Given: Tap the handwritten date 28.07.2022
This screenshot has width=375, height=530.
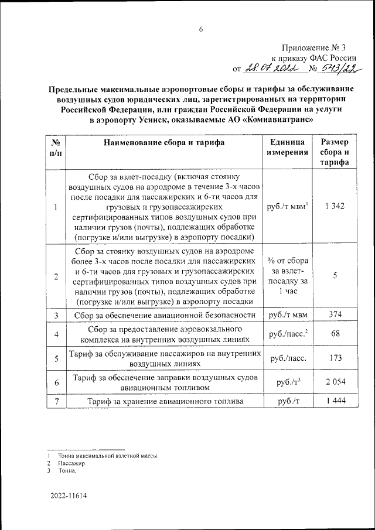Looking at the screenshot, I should click(x=274, y=69).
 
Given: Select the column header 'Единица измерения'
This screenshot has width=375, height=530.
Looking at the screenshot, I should click(x=287, y=148).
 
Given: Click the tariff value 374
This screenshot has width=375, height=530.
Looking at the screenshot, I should click(x=335, y=315).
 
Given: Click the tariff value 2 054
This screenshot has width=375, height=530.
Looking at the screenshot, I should click(x=335, y=382).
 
